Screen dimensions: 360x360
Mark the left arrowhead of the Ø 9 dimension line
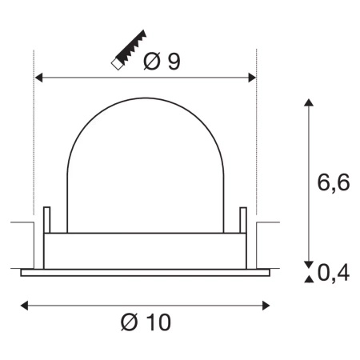pos(38,78)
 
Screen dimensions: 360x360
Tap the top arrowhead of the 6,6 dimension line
pos(307,105)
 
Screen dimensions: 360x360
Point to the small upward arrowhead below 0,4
pos(307,279)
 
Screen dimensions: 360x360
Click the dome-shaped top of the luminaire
pos(144,160)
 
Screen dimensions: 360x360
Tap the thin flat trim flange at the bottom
pos(145,272)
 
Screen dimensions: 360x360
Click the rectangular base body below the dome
pos(145,251)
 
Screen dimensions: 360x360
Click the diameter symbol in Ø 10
pos(130,322)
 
